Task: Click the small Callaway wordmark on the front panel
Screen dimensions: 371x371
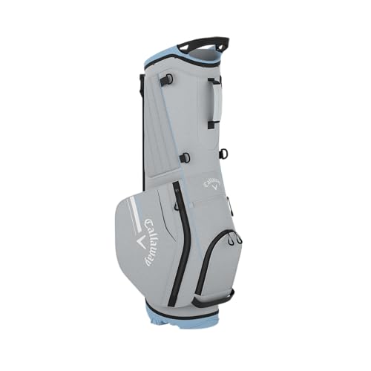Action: (x=211, y=181)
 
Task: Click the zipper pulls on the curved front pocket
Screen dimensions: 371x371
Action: (x=234, y=238)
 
